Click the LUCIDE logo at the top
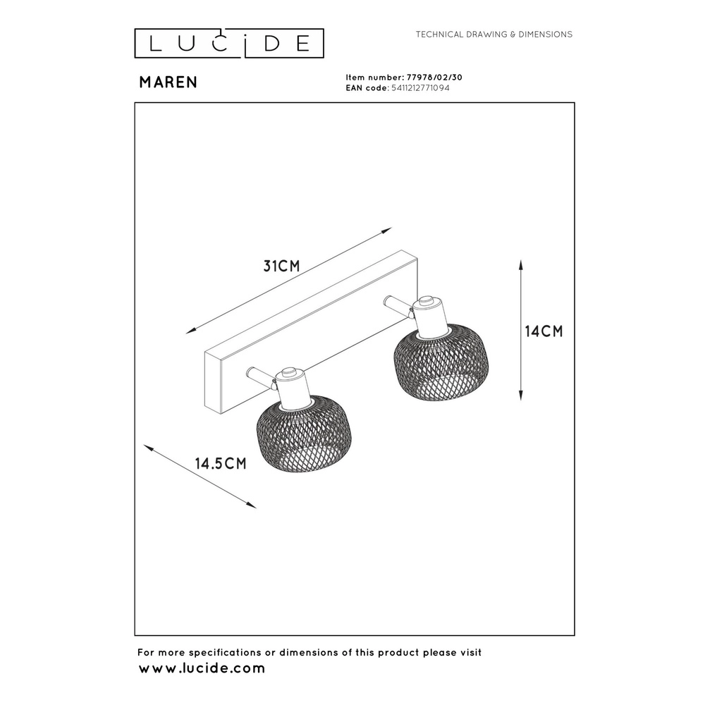pos(229,43)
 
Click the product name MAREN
pos(168,82)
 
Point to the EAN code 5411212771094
pos(420,88)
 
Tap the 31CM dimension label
pos(281,266)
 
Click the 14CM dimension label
pos(544,331)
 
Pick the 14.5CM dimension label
pos(221,463)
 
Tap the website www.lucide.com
pos(202,668)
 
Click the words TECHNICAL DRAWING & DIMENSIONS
pos(494,34)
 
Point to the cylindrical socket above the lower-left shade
pos(293,386)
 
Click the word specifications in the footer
pos(226,653)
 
